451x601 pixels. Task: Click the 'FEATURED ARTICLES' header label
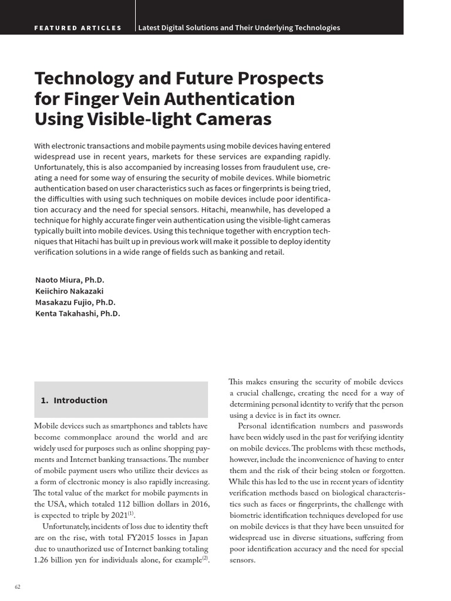pyautogui.click(x=78, y=28)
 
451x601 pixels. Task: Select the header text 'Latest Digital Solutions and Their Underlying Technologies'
pyautogui.click(x=239, y=28)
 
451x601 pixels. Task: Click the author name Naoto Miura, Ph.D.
pyautogui.click(x=69, y=280)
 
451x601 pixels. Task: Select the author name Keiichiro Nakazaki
pyautogui.click(x=69, y=291)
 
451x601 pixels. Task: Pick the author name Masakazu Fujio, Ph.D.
pyautogui.click(x=75, y=302)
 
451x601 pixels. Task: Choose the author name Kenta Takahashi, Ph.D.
pyautogui.click(x=77, y=313)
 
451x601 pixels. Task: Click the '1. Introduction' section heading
pyautogui.click(x=75, y=400)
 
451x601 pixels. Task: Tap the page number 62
pyautogui.click(x=18, y=587)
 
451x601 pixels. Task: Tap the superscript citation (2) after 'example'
pyautogui.click(x=205, y=558)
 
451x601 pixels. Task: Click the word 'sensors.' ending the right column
pyautogui.click(x=242, y=560)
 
